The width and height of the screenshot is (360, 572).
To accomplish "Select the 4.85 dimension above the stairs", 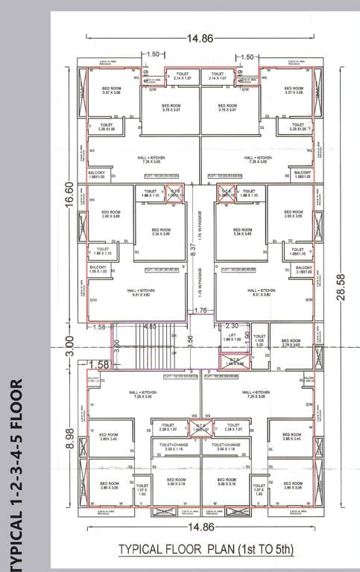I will pyautogui.click(x=149, y=325).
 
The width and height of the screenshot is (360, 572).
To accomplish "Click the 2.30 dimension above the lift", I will pyautogui.click(x=232, y=325).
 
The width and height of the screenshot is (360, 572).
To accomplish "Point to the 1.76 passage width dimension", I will pyautogui.click(x=200, y=311).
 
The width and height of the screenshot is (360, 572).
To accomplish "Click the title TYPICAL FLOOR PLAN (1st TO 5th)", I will pyautogui.click(x=206, y=550).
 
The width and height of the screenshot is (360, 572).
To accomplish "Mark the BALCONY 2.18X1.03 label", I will pyautogui.click(x=303, y=270).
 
